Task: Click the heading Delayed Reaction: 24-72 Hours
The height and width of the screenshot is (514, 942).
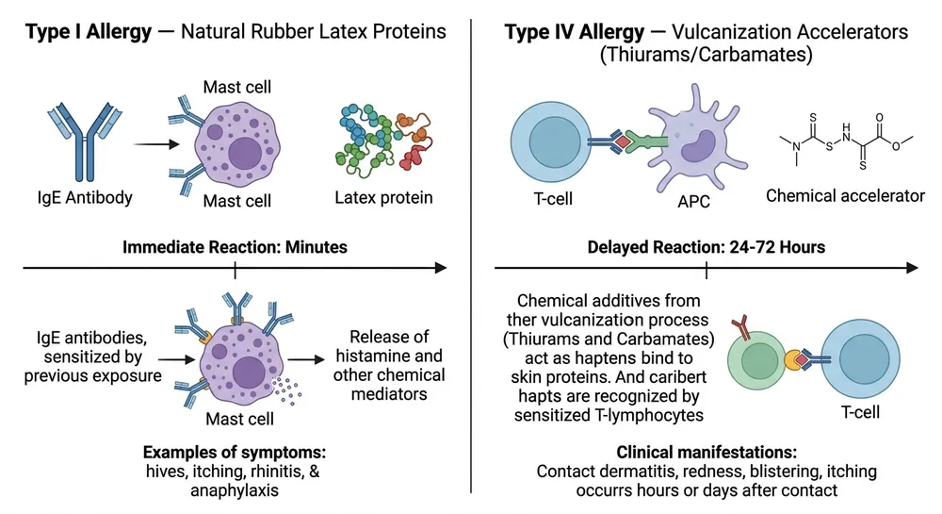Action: (706, 247)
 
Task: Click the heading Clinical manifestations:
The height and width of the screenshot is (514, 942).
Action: (706, 452)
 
